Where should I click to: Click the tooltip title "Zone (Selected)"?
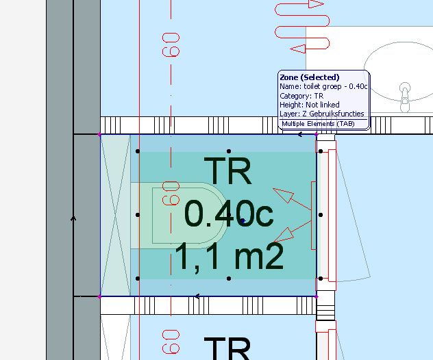310,77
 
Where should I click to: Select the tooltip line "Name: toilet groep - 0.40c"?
323,86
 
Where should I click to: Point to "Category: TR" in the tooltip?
301,96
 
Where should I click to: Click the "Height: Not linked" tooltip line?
310,105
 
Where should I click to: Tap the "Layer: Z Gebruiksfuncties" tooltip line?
322,114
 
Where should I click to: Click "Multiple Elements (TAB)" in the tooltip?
318,124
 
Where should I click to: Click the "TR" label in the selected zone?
228,170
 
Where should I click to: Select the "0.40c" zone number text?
229,214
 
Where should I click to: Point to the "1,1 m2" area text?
229,257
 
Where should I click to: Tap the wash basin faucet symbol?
405,97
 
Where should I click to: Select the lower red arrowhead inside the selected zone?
284,235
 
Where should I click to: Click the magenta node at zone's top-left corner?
99,135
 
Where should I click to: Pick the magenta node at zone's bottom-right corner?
317,296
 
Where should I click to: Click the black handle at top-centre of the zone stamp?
229,151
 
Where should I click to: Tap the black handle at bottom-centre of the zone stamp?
229,279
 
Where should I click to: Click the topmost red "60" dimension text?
171,44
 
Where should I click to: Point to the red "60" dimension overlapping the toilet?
171,193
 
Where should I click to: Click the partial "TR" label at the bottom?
227,348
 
